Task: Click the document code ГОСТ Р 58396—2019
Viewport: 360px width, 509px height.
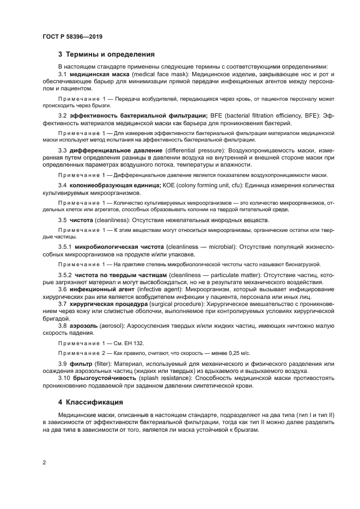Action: point(72,36)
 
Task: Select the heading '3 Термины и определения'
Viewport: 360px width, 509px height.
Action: point(106,54)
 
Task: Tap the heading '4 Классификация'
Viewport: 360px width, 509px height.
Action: point(90,403)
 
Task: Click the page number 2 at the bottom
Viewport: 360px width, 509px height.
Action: point(44,463)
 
